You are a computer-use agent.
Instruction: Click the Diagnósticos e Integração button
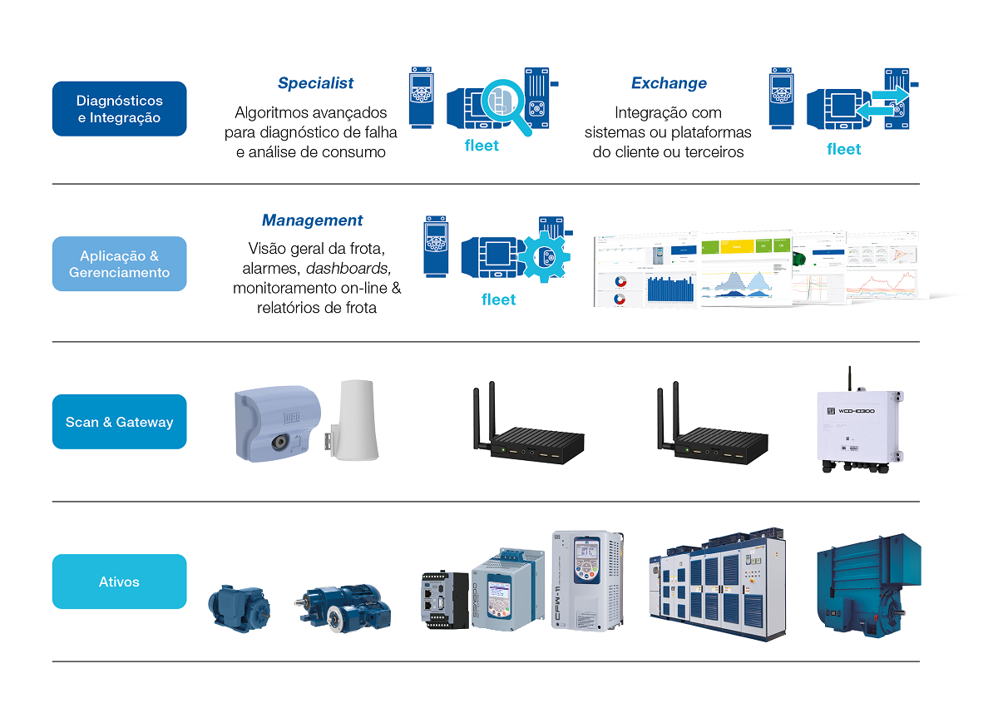[x=119, y=109]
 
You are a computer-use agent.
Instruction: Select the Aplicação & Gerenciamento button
[x=119, y=264]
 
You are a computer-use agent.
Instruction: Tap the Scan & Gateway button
[x=119, y=422]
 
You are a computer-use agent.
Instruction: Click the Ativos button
[x=119, y=582]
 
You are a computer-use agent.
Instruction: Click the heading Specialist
[x=315, y=83]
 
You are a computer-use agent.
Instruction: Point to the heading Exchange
[x=669, y=83]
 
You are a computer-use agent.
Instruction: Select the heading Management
[x=312, y=220]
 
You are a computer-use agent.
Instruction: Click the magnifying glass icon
[x=507, y=103]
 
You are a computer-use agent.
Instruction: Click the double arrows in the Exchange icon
[x=883, y=103]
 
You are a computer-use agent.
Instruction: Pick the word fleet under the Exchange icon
[x=843, y=149]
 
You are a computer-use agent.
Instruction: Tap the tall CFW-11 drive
[x=587, y=579]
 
